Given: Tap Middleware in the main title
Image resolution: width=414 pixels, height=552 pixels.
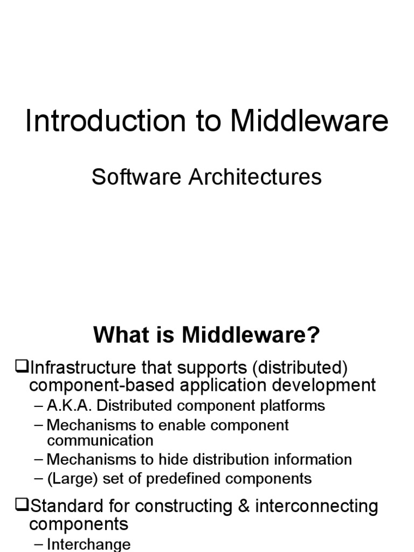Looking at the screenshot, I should tap(309, 122).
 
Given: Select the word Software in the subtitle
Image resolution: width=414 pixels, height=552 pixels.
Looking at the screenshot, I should tap(137, 177).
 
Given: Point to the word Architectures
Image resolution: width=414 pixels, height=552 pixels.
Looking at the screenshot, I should tap(255, 177).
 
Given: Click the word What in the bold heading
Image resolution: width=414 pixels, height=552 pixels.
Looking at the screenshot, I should tap(119, 336).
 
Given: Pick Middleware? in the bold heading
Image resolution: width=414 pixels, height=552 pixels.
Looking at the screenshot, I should tap(251, 336).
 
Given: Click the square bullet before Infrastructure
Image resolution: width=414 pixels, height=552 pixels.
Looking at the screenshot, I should tap(22, 368).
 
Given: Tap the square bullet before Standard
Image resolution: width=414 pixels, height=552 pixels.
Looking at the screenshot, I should tap(22, 506).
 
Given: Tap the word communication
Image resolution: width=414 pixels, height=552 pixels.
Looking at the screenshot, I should tap(100, 440).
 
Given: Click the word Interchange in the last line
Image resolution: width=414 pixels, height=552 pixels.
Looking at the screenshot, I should tap(89, 544).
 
